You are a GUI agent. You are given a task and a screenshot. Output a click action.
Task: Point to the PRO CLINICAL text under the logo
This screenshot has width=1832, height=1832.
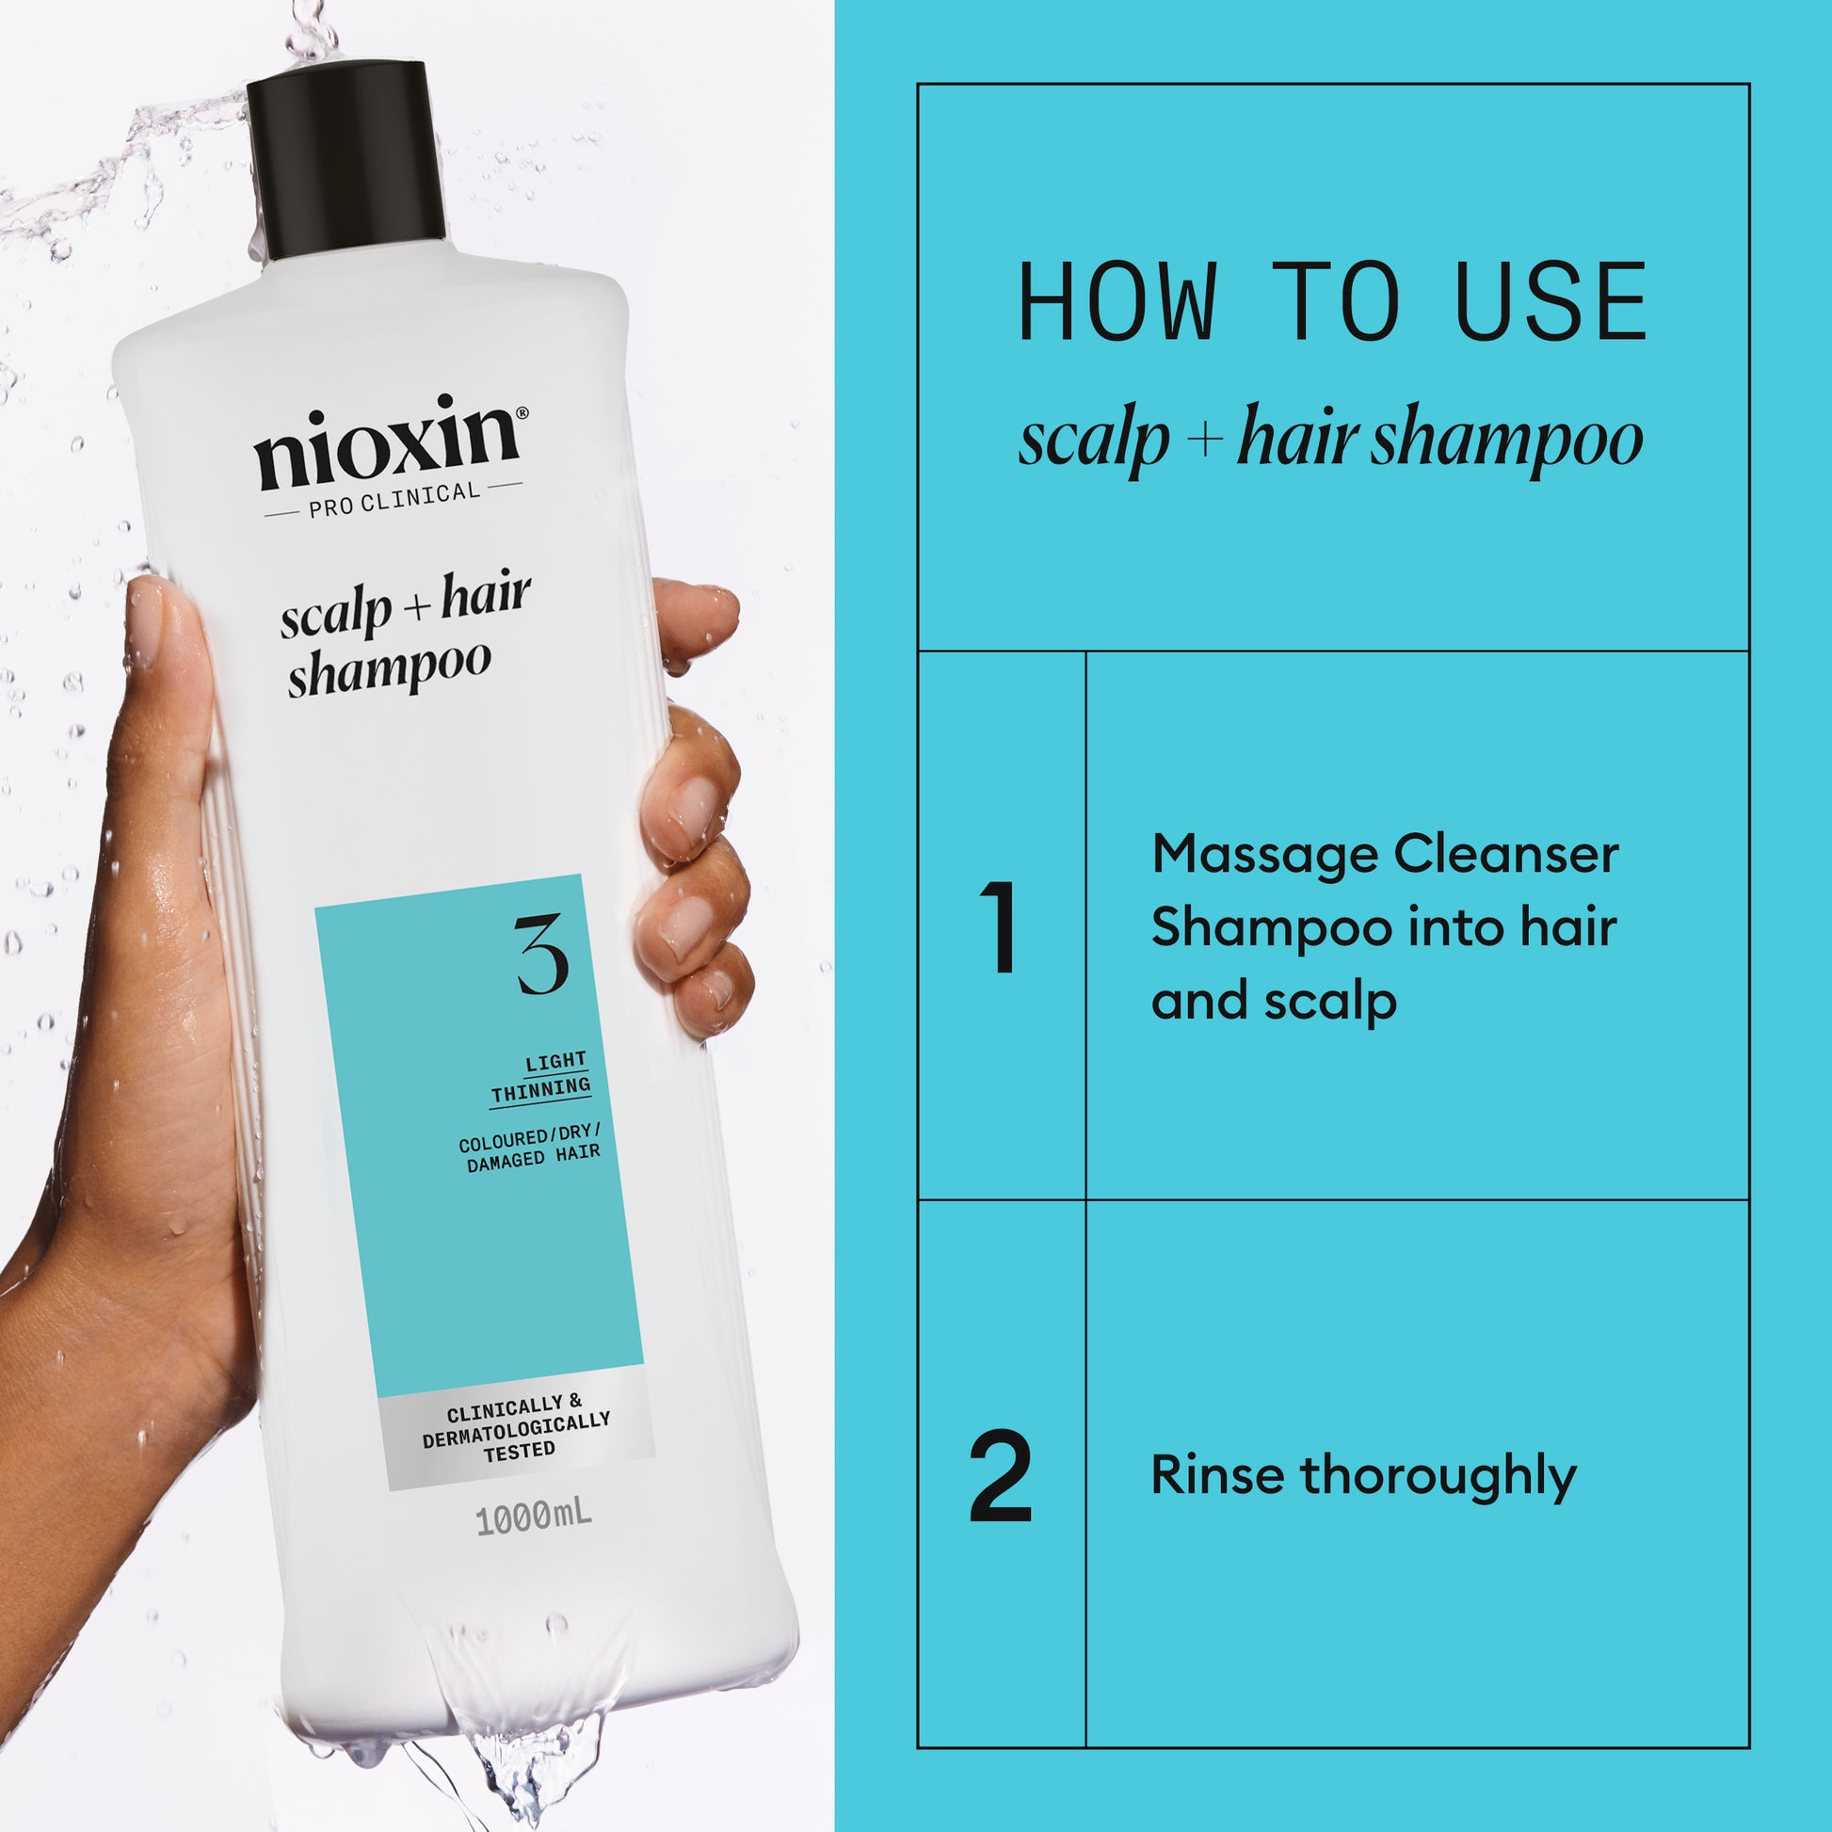coord(394,499)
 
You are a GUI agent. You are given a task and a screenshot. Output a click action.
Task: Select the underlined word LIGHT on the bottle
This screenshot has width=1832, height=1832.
coord(556,1061)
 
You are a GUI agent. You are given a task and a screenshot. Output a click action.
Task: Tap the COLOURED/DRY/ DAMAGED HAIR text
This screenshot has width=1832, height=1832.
coord(530,1149)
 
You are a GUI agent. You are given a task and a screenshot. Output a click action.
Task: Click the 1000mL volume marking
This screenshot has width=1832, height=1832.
coord(533,1519)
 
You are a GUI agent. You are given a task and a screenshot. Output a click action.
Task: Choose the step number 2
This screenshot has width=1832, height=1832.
coord(1001,1475)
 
